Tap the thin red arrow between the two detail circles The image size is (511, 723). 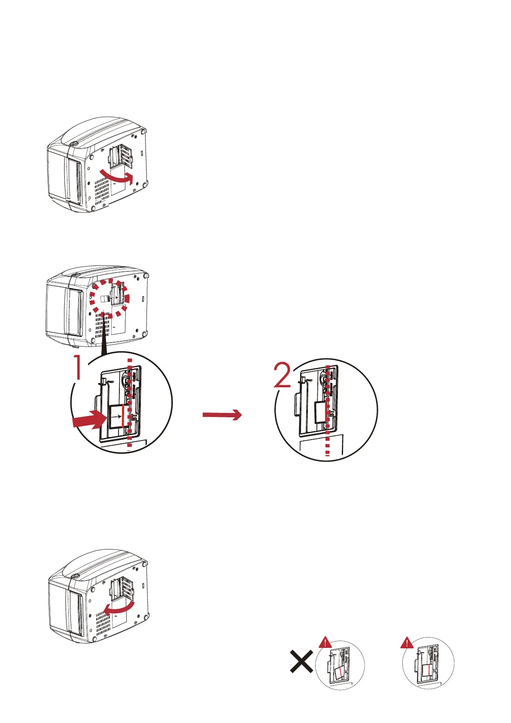click(x=222, y=415)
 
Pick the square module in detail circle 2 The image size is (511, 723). click(x=321, y=412)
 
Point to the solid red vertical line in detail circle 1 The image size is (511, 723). click(x=123, y=416)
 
